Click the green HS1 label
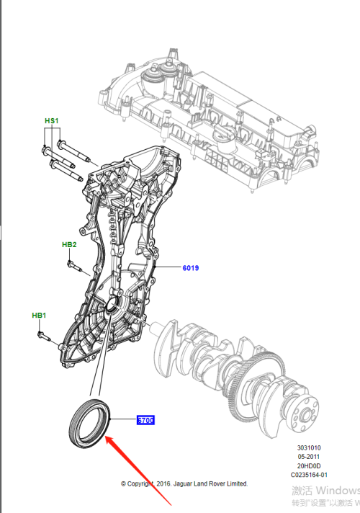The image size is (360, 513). pyautogui.click(x=51, y=120)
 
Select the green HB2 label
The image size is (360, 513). pyautogui.click(x=69, y=245)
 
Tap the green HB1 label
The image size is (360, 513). pyautogui.click(x=39, y=316)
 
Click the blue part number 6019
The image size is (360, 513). pyautogui.click(x=190, y=268)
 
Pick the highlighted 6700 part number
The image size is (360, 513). pyautogui.click(x=145, y=420)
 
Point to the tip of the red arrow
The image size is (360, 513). pyautogui.click(x=106, y=437)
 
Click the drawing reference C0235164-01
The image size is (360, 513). pyautogui.click(x=307, y=475)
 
